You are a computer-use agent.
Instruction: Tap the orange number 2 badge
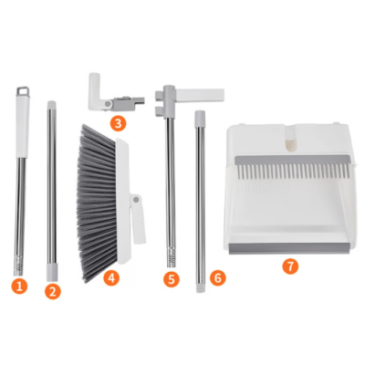click(53, 291)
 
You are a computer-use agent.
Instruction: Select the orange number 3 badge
click(118, 121)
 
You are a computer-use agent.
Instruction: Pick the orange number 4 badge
click(111, 276)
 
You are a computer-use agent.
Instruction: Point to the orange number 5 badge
click(172, 279)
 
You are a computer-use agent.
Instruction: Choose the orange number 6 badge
click(216, 276)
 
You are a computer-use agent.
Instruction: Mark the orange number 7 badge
click(289, 266)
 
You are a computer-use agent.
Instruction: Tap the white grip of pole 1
click(21, 128)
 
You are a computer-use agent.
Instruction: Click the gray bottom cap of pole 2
click(53, 269)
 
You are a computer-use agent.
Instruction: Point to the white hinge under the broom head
click(139, 219)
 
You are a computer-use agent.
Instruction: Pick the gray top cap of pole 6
click(198, 119)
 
